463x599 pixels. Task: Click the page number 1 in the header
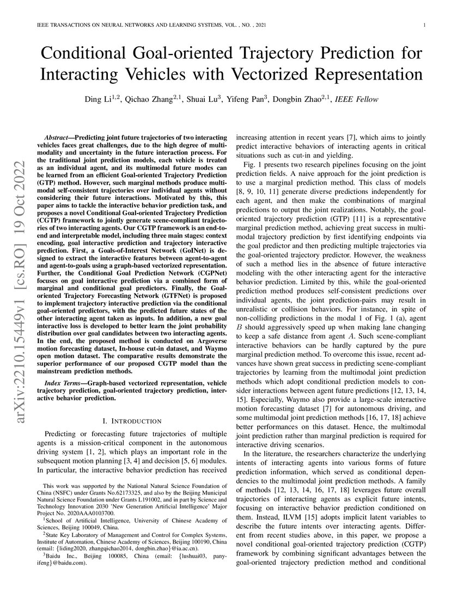pyautogui.click(x=424, y=26)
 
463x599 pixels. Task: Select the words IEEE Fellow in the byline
pyautogui.click(x=358, y=100)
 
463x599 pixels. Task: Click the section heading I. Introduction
pyautogui.click(x=132, y=421)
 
